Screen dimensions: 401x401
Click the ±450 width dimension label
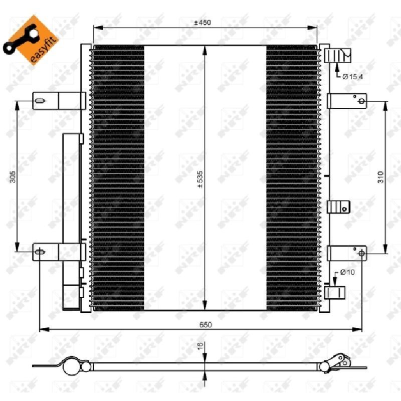(x=203, y=23)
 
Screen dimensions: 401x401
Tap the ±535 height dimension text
(x=200, y=179)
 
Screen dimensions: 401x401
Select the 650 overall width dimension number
(x=206, y=325)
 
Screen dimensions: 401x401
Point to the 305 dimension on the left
(x=13, y=177)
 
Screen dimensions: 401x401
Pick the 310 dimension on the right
(x=381, y=177)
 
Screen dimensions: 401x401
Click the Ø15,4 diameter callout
(x=353, y=77)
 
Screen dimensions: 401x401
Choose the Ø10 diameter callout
(x=347, y=272)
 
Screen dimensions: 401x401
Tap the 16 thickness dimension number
(x=200, y=346)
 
